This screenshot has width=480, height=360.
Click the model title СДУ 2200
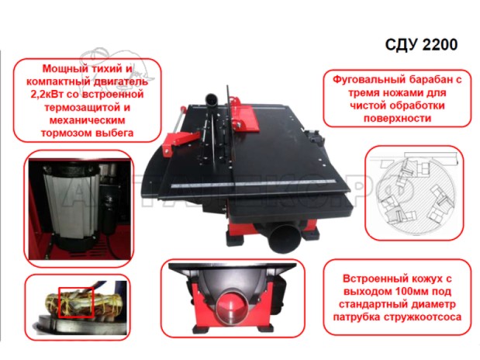tap(421, 45)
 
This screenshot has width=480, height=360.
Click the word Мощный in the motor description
tap(61, 68)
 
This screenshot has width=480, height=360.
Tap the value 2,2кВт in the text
tap(47, 94)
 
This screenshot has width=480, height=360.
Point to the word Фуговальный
tap(364, 80)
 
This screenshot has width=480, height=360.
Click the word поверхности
tap(397, 118)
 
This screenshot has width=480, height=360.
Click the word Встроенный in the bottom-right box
tap(369, 279)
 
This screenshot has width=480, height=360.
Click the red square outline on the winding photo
tap(76, 303)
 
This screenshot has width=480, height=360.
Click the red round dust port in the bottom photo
tap(232, 308)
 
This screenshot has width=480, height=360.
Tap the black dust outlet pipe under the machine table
tap(283, 238)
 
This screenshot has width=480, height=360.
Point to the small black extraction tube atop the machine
tap(212, 100)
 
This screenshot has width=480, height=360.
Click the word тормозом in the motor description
tap(66, 133)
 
